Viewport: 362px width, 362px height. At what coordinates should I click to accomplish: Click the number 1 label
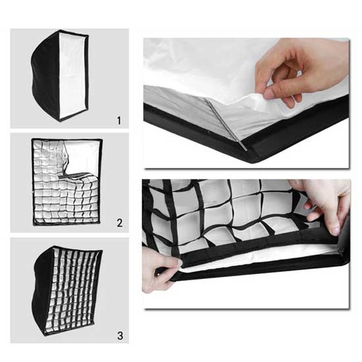tap(119, 120)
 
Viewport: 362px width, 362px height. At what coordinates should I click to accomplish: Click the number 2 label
tap(120, 222)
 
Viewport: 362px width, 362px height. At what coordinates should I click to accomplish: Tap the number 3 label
tap(120, 336)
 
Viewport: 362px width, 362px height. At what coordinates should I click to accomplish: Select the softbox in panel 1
tap(60, 76)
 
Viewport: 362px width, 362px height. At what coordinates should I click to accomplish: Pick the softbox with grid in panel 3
tap(68, 293)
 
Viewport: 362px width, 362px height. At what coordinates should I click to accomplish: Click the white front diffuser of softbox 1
tap(73, 75)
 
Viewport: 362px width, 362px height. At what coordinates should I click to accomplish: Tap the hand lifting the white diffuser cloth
tap(300, 69)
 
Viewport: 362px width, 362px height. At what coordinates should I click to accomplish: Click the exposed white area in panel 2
tap(82, 157)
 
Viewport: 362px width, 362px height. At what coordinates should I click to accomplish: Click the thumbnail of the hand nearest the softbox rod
tap(269, 93)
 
